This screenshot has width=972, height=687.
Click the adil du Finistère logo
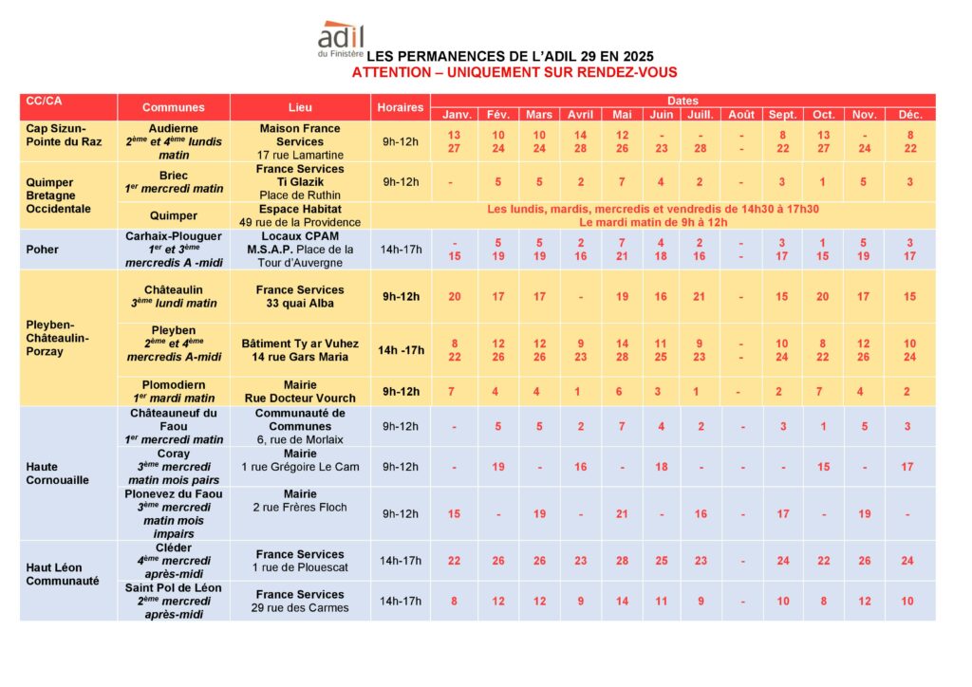click(x=341, y=40)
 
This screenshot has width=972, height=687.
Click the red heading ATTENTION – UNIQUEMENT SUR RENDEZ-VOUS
click(x=514, y=72)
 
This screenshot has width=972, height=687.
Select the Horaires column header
click(x=400, y=107)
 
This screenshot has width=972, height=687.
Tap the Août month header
click(x=740, y=115)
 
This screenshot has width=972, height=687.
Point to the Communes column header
click(x=173, y=107)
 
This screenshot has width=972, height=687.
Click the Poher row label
click(x=43, y=250)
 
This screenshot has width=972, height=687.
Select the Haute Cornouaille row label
click(x=57, y=473)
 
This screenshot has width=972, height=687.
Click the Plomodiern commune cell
click(x=173, y=391)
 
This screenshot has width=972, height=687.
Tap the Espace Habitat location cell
click(x=300, y=215)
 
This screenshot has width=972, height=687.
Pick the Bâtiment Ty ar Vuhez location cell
click(x=300, y=350)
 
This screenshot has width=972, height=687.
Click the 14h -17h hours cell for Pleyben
click(x=400, y=350)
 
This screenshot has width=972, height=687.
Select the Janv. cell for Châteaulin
click(x=454, y=297)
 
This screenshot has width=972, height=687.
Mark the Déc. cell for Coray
click(x=907, y=467)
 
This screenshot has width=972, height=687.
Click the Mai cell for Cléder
click(x=622, y=561)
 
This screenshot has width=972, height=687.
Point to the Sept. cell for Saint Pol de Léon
click(x=782, y=601)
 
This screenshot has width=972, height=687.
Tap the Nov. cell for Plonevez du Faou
click(x=864, y=513)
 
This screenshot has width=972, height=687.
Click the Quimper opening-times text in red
click(x=653, y=215)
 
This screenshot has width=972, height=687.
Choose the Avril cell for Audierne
click(x=580, y=141)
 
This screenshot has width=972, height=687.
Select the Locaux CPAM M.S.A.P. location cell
click(x=300, y=250)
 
